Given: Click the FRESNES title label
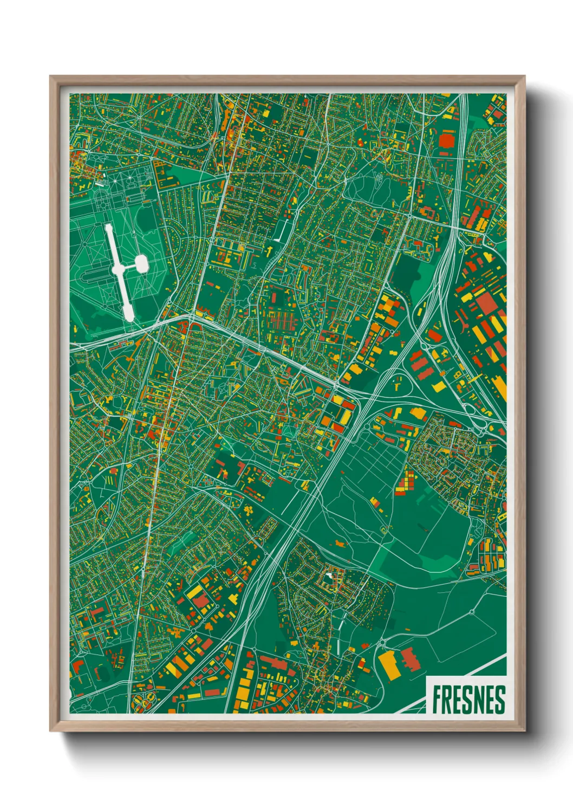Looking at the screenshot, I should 468,700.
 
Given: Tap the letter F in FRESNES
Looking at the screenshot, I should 437,700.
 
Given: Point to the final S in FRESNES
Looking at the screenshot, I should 500,700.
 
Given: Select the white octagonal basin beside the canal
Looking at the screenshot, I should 141,264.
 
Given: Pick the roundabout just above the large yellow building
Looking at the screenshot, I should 383,643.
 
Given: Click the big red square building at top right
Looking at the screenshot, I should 446,140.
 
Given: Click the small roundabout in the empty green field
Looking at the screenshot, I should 471,612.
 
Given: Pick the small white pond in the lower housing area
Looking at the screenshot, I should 328,575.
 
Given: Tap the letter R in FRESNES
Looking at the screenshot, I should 447,700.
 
